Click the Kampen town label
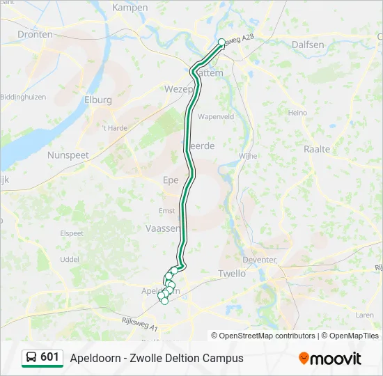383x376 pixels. pos(130,8)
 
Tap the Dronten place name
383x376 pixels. pos(35,34)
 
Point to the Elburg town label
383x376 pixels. pos(97,100)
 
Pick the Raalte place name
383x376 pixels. pos(317,149)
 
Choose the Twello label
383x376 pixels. pos(232,274)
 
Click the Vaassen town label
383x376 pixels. pos(162,228)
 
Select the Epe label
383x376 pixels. pos(171,180)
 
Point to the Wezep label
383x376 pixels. pos(177,89)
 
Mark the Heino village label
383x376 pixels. pos(297,113)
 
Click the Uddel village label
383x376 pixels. pos(70,259)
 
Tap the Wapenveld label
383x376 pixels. pos(215,117)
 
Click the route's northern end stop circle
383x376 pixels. pos(222,42)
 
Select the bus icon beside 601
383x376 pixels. pos(32,358)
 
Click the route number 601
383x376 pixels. pos(50,357)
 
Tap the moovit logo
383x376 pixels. pos(330,359)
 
